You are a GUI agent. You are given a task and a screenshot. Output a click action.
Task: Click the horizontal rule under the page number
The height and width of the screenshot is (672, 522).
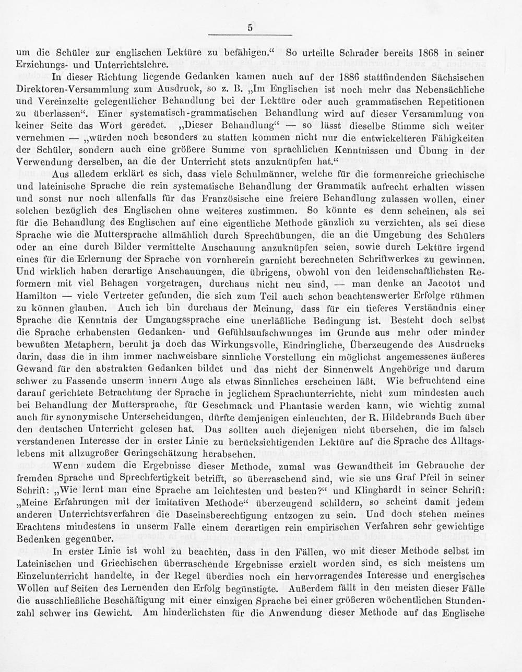250,36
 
